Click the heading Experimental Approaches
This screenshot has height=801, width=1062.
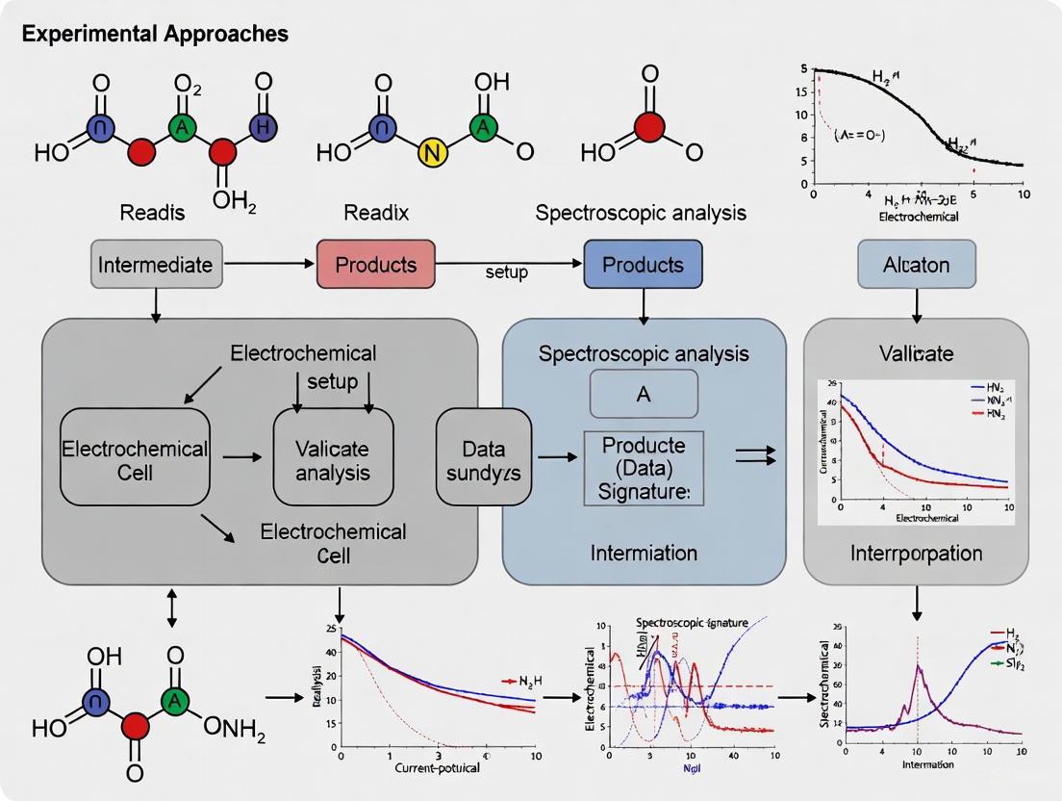tap(155, 34)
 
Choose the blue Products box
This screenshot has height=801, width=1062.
tap(644, 265)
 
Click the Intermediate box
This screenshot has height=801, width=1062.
tap(156, 265)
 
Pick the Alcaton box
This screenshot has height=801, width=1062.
tap(916, 265)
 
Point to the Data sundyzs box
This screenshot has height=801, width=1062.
tap(484, 456)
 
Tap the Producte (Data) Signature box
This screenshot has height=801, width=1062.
tap(644, 469)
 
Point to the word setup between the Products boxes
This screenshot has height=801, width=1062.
tap(507, 272)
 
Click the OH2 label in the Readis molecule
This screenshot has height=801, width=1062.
tap(236, 200)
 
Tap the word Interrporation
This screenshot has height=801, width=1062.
tap(916, 554)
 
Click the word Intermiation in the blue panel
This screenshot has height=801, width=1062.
tap(644, 554)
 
